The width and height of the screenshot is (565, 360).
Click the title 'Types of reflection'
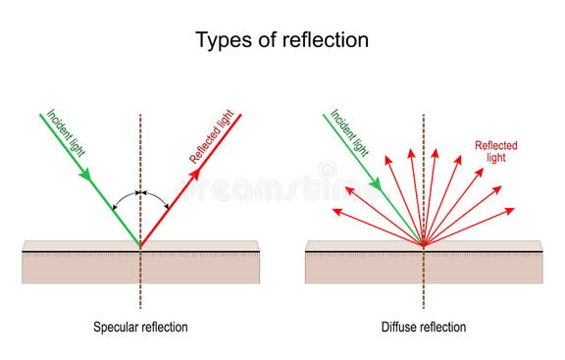[282, 40]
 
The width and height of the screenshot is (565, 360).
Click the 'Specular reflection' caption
[140, 327]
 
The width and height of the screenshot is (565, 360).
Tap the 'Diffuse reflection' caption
[424, 327]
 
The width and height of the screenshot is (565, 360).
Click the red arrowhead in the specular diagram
[195, 173]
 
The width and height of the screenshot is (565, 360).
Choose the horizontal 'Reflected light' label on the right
[495, 151]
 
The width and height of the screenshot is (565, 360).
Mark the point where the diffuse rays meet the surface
[424, 245]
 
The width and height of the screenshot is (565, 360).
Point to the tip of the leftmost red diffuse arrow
[334, 209]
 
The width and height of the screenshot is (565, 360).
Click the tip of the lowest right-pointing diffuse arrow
[513, 208]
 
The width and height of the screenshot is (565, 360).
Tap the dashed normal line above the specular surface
[140, 147]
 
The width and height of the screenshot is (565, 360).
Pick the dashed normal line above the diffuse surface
[424, 137]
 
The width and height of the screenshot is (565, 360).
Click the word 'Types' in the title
[222, 40]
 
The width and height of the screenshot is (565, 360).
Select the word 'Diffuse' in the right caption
[400, 327]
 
